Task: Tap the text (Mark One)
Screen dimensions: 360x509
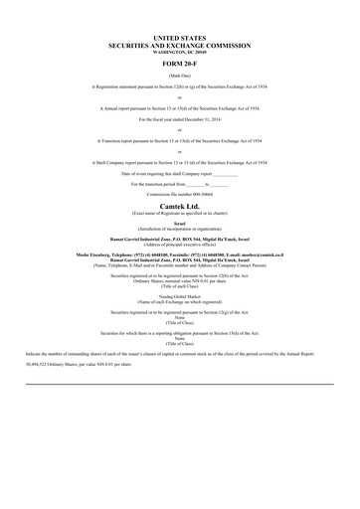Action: point(179,75)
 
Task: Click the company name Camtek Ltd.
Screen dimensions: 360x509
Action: point(179,206)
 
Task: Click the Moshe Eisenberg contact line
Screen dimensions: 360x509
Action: point(179,254)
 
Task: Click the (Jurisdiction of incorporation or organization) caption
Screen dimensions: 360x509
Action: point(179,229)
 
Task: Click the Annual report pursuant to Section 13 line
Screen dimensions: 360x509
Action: point(179,105)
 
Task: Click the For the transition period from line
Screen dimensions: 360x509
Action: point(179,184)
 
